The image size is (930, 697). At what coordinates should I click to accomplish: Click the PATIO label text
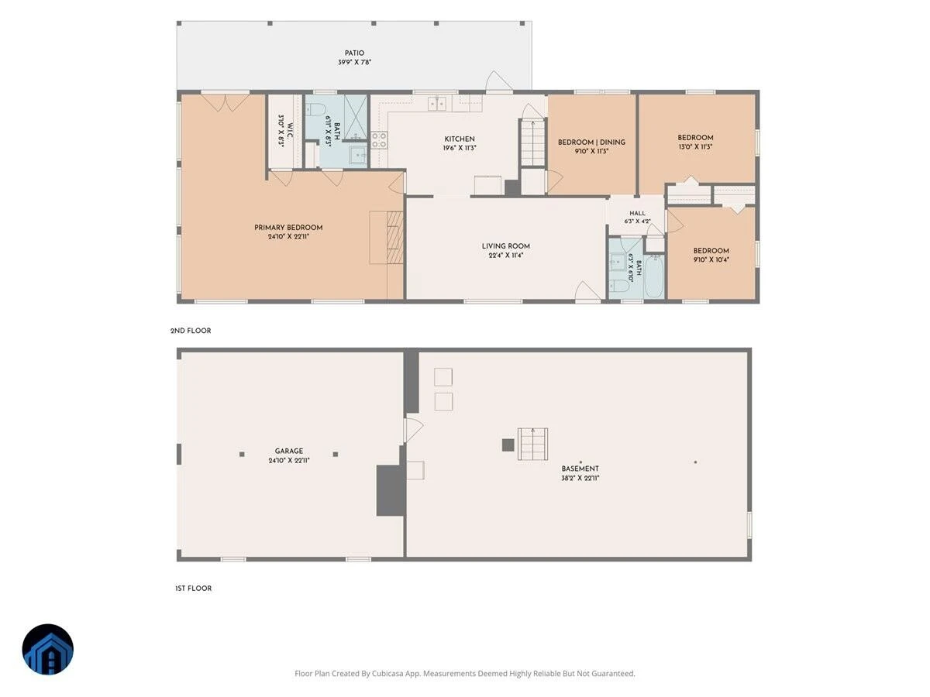(354, 53)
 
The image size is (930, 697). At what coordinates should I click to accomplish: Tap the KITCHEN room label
(460, 139)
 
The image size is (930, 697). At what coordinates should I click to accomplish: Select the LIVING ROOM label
(505, 246)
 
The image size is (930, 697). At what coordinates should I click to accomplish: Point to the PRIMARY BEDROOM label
(288, 228)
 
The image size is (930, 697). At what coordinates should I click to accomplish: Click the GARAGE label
(289, 452)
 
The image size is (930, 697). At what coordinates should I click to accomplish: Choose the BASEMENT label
(580, 469)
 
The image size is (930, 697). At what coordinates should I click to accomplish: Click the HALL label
(637, 214)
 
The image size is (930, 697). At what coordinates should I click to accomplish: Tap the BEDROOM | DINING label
(591, 142)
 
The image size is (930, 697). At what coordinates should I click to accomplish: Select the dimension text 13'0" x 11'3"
(695, 147)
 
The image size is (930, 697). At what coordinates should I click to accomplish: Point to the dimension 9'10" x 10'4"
(711, 260)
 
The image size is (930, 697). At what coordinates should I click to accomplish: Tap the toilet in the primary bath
(314, 110)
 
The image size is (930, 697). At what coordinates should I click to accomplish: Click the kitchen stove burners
(379, 140)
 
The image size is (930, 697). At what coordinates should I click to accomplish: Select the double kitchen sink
(436, 104)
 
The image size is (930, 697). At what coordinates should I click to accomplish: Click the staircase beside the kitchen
(532, 142)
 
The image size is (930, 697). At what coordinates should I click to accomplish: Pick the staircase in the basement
(532, 444)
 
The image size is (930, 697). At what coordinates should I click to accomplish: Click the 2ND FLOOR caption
(191, 331)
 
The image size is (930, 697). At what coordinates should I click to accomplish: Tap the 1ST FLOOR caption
(193, 589)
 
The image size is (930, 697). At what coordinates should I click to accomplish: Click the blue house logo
(48, 649)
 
